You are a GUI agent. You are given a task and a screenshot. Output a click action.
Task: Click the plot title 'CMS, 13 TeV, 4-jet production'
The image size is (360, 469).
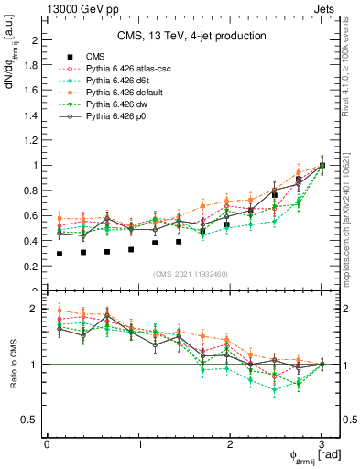[191, 36]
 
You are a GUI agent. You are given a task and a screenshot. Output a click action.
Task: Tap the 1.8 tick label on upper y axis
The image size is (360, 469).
[31, 65]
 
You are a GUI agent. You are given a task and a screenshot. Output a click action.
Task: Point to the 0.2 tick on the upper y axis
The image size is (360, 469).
[31, 267]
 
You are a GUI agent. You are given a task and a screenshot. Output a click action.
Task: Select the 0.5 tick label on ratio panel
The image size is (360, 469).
[31, 420]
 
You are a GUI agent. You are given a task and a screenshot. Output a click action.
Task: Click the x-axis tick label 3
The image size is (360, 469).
[322, 444]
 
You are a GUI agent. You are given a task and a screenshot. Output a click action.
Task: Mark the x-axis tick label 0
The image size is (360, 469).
[47, 444]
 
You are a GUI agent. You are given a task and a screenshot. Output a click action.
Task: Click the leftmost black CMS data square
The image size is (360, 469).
[60, 254]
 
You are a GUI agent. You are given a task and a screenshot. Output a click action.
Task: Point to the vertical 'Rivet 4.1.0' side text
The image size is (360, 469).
[347, 55]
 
